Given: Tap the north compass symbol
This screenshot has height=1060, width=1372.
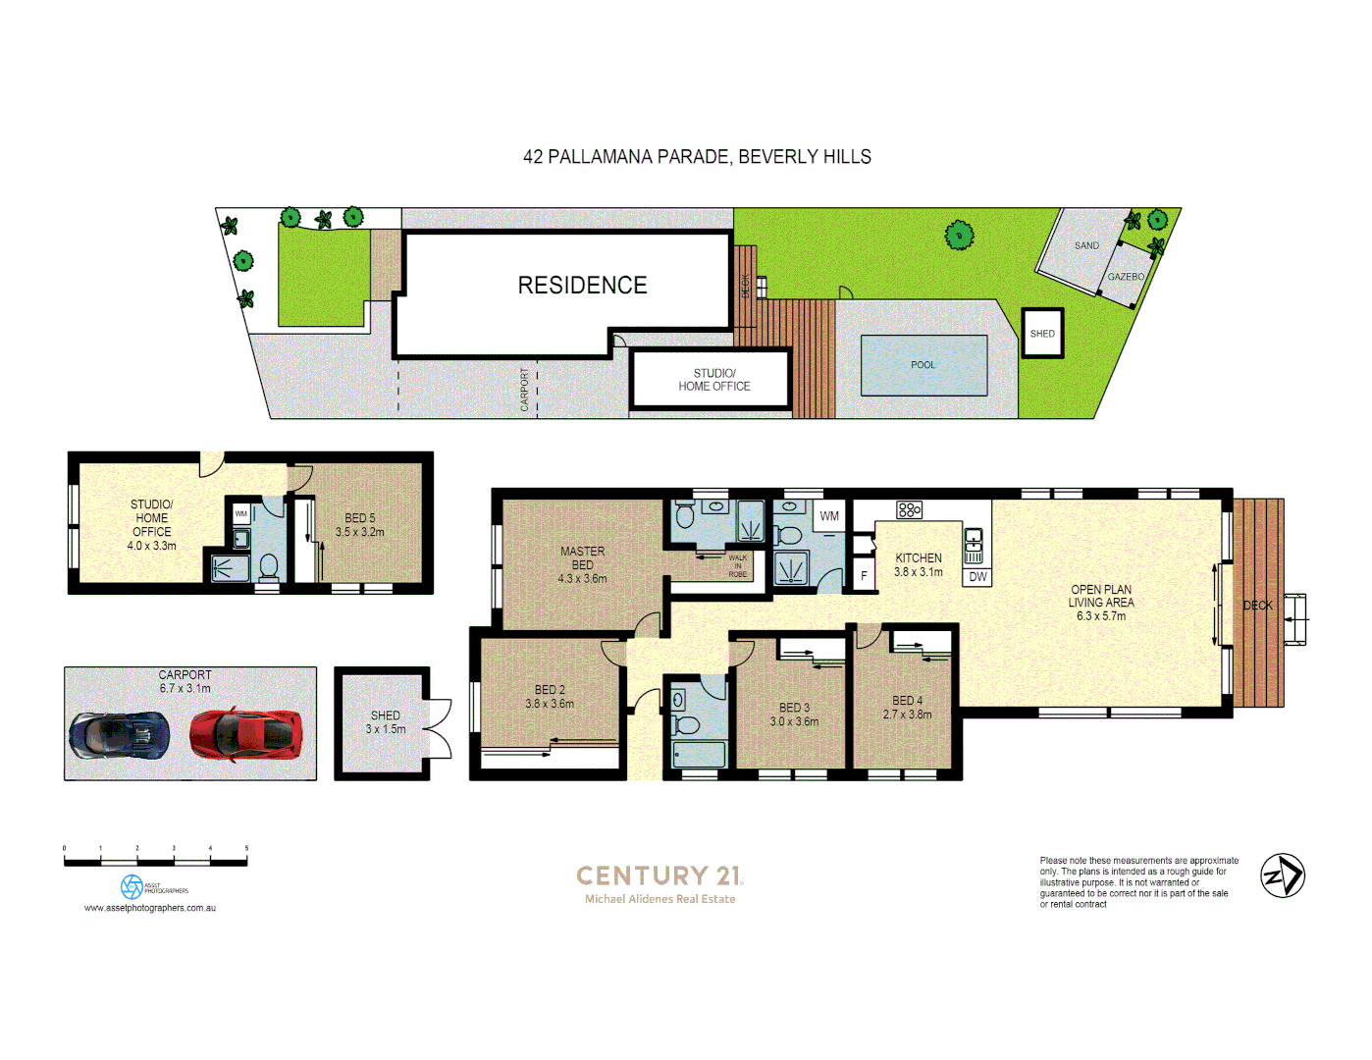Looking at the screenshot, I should [1283, 875].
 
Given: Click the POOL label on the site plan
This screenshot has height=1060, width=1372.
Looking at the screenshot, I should [923, 365].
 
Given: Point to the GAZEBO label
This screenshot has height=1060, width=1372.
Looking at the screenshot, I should [1126, 277].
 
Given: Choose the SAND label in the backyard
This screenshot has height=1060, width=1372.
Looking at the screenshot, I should [1086, 245].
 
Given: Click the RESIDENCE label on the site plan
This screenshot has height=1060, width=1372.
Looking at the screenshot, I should [582, 286].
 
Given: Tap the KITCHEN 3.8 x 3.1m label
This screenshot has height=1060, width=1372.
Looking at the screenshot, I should [918, 564].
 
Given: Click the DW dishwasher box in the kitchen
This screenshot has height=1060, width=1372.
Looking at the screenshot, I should [977, 577].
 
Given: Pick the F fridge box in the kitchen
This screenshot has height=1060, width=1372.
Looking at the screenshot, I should [864, 576].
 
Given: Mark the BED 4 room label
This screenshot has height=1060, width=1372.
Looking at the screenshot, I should [907, 708].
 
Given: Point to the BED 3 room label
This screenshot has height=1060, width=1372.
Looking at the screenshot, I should [794, 715].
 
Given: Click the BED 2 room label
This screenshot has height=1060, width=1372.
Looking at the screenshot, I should [550, 697].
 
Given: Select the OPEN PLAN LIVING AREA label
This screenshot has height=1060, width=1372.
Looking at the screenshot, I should [1100, 603].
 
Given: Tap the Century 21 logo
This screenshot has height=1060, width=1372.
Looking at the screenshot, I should [660, 875].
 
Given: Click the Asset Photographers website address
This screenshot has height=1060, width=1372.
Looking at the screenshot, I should [150, 908].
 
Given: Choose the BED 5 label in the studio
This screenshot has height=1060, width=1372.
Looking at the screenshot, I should [359, 525].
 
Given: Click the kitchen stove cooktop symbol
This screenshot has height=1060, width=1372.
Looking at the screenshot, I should [909, 509].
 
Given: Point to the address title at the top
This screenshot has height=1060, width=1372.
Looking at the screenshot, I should [697, 157].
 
